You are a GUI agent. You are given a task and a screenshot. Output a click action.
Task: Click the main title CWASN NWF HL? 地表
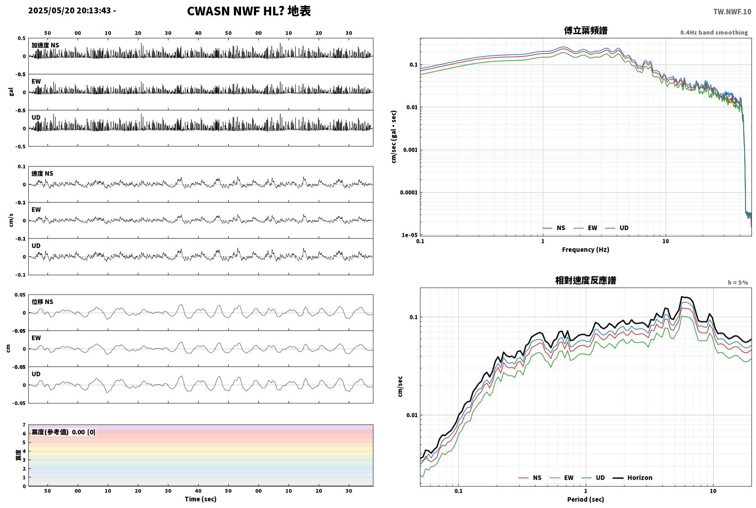[x=249, y=11]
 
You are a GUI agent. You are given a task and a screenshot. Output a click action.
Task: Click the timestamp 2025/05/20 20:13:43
[x=69, y=10]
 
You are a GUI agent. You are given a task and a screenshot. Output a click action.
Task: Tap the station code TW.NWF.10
[x=732, y=12]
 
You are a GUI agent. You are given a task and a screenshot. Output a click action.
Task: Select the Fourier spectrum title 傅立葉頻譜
[x=586, y=31]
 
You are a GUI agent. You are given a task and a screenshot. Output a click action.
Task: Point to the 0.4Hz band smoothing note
[x=714, y=32]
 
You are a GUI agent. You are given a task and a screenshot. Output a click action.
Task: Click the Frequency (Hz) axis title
[x=586, y=250]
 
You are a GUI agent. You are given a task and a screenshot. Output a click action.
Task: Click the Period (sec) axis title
[x=586, y=499]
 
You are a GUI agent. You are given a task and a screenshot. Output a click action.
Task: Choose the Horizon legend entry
[x=632, y=477]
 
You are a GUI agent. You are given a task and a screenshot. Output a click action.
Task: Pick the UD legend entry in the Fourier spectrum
[x=617, y=228]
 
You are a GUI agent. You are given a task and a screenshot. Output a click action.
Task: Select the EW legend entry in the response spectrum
[x=561, y=477]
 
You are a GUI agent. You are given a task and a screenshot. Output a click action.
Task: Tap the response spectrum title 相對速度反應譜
[x=586, y=280]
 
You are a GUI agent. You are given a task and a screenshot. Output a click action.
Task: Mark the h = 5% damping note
[x=738, y=283]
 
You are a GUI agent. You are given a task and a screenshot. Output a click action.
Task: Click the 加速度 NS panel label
[x=45, y=45]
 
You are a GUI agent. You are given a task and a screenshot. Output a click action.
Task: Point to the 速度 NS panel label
[x=42, y=173]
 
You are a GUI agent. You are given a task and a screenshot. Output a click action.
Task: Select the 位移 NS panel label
[x=42, y=302]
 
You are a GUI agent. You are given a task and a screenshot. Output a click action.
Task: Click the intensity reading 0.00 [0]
[x=84, y=432]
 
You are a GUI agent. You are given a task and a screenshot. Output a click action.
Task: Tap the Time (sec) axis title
[x=200, y=499]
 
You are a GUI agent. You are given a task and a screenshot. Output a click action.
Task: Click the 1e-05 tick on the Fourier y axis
[x=409, y=235]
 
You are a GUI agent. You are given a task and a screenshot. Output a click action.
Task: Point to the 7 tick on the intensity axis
[x=24, y=424]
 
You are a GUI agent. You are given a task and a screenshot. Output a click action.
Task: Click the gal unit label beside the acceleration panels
[x=11, y=92]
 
